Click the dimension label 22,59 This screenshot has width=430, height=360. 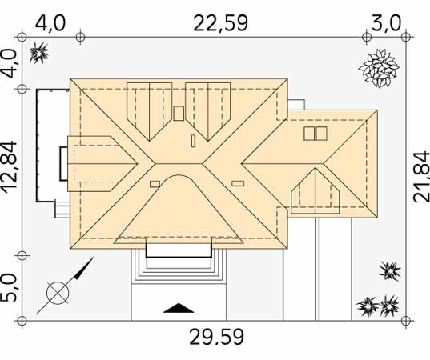click(x=220, y=23)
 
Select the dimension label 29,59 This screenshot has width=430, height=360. click(x=217, y=337)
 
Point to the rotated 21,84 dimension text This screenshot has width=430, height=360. click(x=421, y=177)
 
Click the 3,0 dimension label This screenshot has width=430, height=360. click(x=386, y=23)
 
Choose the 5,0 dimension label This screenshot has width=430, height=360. click(x=9, y=288)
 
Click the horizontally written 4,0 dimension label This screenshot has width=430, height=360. click(x=50, y=23)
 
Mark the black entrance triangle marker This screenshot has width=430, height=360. click(x=179, y=308)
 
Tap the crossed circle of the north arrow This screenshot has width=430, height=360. click(x=58, y=293)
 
